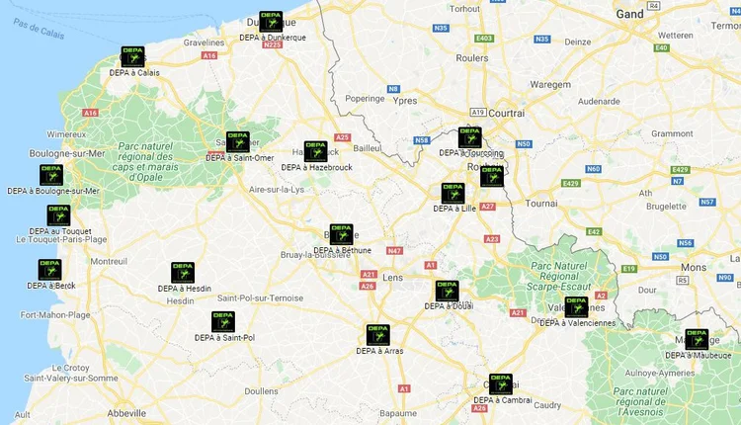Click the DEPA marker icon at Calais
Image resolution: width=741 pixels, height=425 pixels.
tap(131, 56)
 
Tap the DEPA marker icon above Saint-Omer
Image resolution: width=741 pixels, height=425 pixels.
tap(237, 141)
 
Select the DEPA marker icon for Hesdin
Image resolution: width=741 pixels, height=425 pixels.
tap(183, 273)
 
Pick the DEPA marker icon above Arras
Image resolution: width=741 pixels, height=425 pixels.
tap(377, 334)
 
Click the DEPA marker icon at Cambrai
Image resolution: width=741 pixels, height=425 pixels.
tap(501, 383)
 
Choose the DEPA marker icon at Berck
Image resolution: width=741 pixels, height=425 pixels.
tap(49, 270)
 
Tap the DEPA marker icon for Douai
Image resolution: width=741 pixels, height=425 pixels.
tap(447, 291)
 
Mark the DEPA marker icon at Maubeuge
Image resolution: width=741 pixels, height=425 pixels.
tap(697, 339)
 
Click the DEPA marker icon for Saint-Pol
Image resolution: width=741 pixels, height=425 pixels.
tap(223, 322)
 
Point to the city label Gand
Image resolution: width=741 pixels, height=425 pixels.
tap(629, 14)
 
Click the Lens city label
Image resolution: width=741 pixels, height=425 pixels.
tap(391, 279)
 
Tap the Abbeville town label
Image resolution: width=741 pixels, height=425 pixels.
tap(126, 412)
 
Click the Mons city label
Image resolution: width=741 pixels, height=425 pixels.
tap(694, 267)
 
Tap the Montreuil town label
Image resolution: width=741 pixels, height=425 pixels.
tap(108, 262)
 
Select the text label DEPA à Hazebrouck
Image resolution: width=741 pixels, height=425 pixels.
tap(316, 167)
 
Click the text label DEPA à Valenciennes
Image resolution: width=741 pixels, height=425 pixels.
tap(577, 322)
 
